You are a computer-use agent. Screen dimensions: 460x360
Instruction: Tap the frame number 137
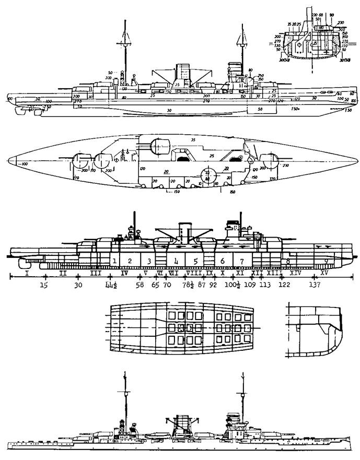click(x=315, y=285)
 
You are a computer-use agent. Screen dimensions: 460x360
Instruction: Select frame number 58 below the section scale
click(x=140, y=285)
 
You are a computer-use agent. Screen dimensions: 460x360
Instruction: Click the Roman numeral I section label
click(x=26, y=273)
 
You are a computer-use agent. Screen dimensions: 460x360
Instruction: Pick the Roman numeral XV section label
click(x=324, y=273)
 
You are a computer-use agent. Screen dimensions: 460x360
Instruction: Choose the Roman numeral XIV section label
click(x=295, y=273)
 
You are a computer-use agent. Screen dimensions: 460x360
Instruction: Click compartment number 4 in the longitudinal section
click(x=177, y=261)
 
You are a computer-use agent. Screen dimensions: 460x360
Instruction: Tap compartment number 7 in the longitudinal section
click(x=241, y=261)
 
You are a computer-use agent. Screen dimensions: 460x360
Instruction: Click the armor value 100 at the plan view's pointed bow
click(x=25, y=164)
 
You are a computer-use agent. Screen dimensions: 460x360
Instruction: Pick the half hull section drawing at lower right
click(x=312, y=334)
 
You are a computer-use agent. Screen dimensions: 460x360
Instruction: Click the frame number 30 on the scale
click(x=78, y=285)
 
